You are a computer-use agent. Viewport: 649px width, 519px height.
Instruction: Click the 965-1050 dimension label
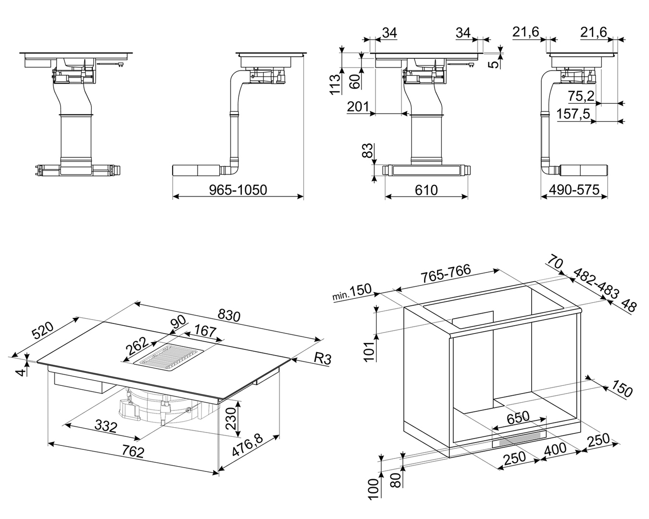(x=238, y=190)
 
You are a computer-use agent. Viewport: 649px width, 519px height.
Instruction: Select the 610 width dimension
(x=426, y=190)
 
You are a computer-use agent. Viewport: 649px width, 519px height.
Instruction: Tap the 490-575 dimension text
(x=574, y=190)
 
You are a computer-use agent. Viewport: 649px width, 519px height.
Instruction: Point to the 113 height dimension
(x=335, y=85)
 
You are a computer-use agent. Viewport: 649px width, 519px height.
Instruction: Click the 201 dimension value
(x=358, y=107)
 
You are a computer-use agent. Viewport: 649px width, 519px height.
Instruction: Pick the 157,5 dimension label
(x=573, y=114)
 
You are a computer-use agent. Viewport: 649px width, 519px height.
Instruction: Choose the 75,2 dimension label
(x=581, y=96)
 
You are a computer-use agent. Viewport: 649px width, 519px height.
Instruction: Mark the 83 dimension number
(x=368, y=150)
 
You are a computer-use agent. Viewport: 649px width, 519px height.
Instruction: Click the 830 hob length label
(x=229, y=315)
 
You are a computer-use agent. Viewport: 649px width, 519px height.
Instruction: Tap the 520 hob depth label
(x=43, y=331)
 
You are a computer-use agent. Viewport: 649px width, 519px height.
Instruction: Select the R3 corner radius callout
(x=323, y=359)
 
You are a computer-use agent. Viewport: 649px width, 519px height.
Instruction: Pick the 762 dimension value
(x=133, y=452)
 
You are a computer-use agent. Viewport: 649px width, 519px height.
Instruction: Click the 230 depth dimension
(x=231, y=418)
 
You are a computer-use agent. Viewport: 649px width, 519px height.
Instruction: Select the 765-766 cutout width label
(x=446, y=273)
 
